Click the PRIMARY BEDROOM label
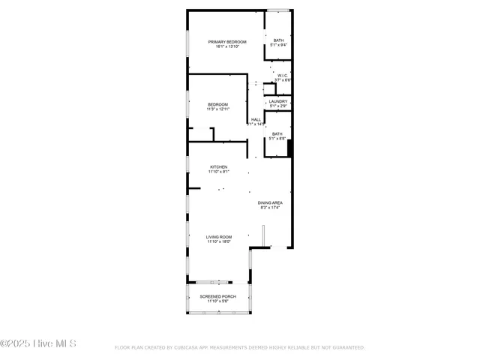(x=226, y=42)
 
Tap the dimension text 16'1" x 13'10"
(x=226, y=47)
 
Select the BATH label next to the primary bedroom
(x=278, y=40)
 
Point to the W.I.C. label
(x=282, y=75)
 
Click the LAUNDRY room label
(x=278, y=101)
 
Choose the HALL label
(x=256, y=119)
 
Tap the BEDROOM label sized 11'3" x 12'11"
(x=217, y=104)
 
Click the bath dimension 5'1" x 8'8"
(x=277, y=139)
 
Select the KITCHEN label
(x=218, y=166)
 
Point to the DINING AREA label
(x=270, y=202)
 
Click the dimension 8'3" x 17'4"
(x=270, y=208)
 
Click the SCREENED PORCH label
(x=217, y=296)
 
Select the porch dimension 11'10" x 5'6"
(x=217, y=301)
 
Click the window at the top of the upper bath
(x=279, y=10)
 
